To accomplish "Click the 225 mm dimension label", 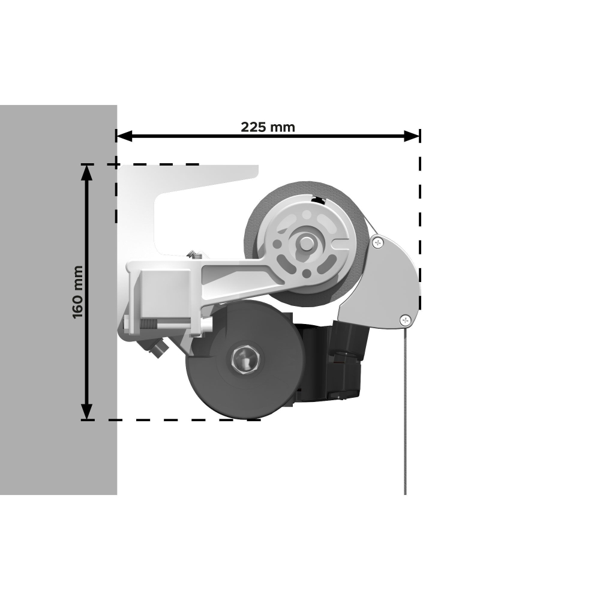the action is [x=268, y=127].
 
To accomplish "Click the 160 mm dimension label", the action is [x=77, y=292].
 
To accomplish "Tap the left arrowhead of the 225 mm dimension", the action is [x=124, y=136].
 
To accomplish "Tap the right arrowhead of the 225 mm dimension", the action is [x=412, y=136].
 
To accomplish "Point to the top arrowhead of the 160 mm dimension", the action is [x=87, y=172].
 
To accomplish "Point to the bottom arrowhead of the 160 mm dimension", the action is [x=87, y=412].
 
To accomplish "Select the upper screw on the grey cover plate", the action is [x=378, y=242].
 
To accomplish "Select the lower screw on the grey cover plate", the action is [x=405, y=320].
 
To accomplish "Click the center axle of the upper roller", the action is [x=306, y=242].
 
